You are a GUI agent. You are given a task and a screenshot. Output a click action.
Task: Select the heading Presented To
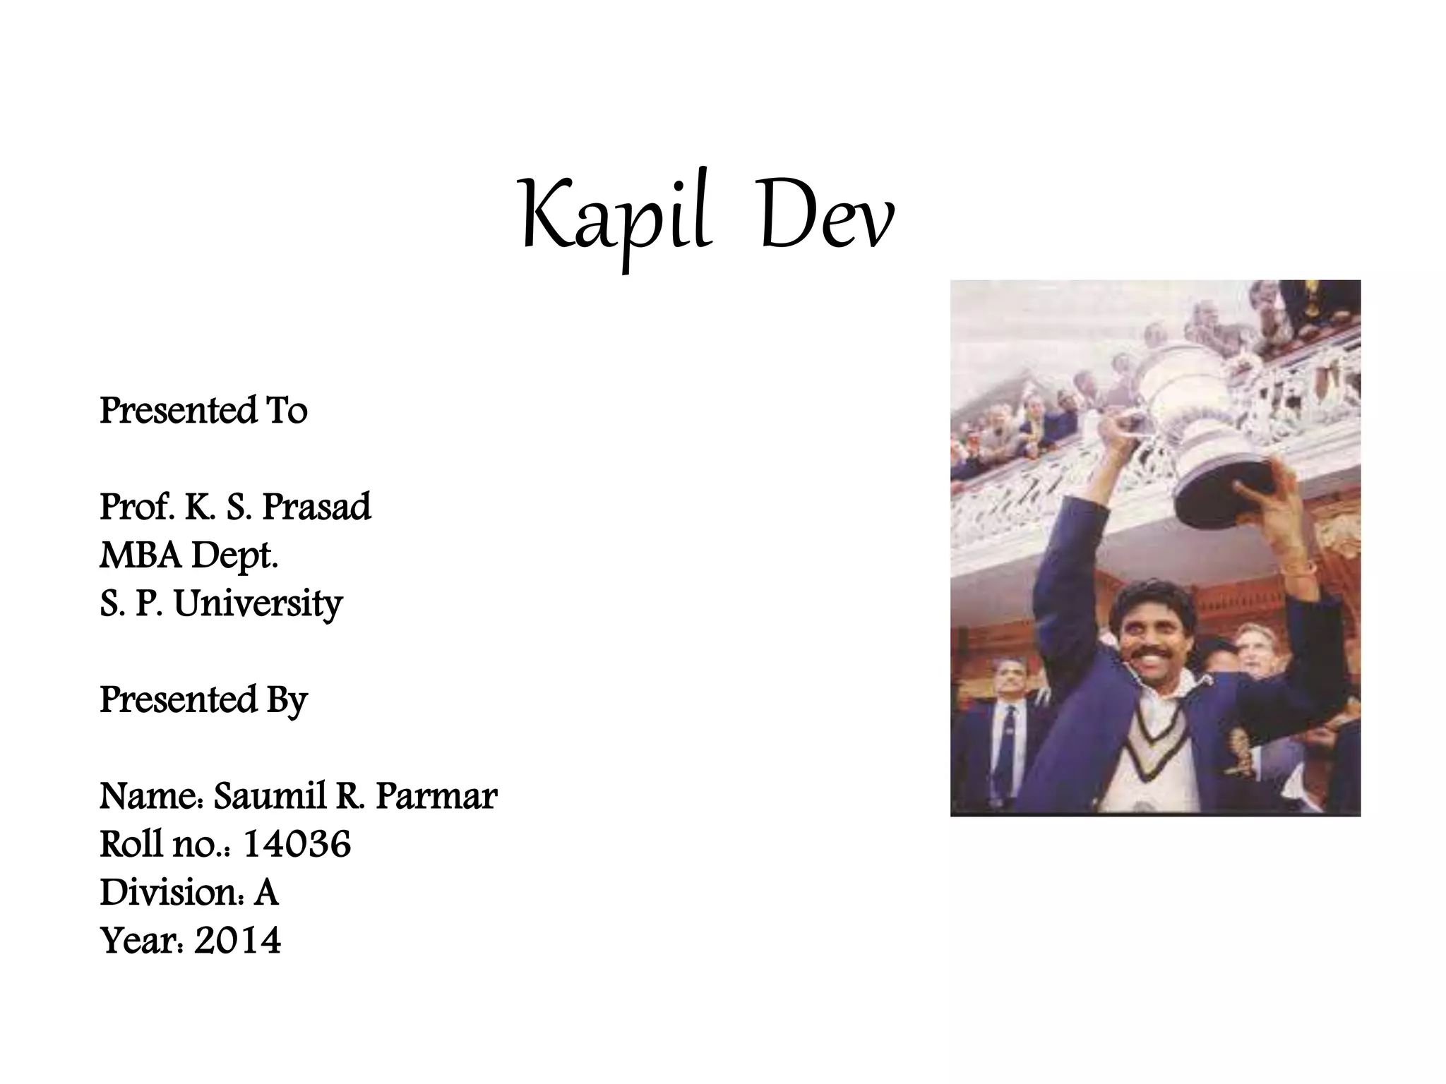203,411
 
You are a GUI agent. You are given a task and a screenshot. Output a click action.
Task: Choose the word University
258,604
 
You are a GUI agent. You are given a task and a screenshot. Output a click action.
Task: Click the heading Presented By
203,700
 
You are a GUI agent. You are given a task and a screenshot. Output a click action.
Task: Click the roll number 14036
297,844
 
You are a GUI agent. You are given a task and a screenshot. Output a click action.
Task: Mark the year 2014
237,940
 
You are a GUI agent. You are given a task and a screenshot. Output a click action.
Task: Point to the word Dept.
234,555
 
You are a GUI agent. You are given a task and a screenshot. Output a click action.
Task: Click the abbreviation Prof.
136,507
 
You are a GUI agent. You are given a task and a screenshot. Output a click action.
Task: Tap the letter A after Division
266,892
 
